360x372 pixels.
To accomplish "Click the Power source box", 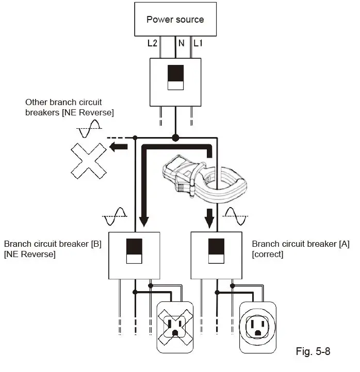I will [175, 20].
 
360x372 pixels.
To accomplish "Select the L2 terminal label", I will [152, 43].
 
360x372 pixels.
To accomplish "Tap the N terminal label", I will [181, 43].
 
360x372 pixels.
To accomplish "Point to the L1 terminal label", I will [199, 43].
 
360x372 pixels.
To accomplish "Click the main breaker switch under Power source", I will [175, 78].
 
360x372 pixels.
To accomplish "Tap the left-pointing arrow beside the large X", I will [119, 148].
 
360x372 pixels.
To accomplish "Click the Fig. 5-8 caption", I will [313, 351].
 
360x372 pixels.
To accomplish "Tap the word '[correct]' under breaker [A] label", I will [267, 255].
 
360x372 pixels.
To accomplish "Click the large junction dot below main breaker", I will [175, 138].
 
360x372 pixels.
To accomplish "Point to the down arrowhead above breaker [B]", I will [144, 221].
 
